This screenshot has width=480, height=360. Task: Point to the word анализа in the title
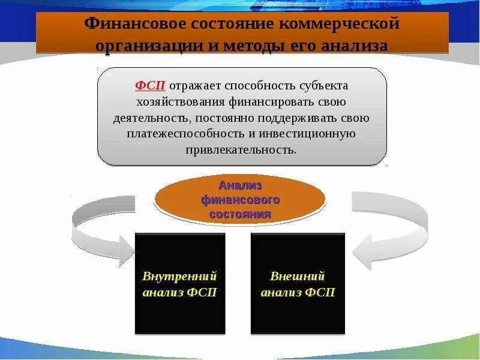pyautogui.click(x=354, y=46)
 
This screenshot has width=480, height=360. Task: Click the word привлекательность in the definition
pyautogui.click(x=242, y=149)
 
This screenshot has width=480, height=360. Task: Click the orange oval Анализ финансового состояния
pyautogui.click(x=240, y=200)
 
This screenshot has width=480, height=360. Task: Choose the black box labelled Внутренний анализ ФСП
pyautogui.click(x=180, y=283)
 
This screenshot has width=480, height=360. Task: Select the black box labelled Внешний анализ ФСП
pyautogui.click(x=298, y=283)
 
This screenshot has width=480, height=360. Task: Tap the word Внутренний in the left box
pyautogui.click(x=179, y=277)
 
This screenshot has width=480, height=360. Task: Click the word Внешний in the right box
pyautogui.click(x=298, y=277)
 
